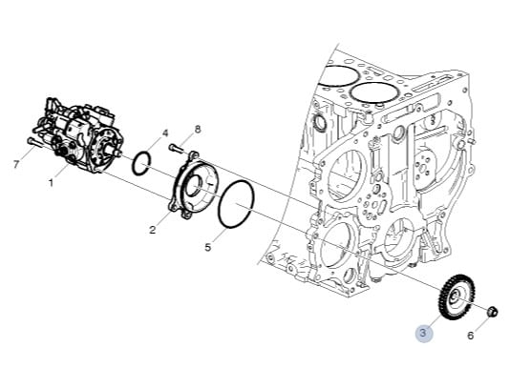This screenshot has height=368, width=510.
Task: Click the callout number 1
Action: click(x=51, y=183)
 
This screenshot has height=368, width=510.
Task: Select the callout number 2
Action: click(x=153, y=230)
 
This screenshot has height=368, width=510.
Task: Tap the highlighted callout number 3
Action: click(x=423, y=333)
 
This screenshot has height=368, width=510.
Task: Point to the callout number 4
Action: click(x=165, y=133)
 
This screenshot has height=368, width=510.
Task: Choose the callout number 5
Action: click(x=208, y=247)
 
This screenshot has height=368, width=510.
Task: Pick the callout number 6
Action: click(x=470, y=336)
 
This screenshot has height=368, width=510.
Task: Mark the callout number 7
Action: click(x=16, y=164)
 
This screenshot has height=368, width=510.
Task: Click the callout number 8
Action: click(x=198, y=130)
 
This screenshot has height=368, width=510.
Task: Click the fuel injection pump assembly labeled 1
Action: click(x=79, y=134)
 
